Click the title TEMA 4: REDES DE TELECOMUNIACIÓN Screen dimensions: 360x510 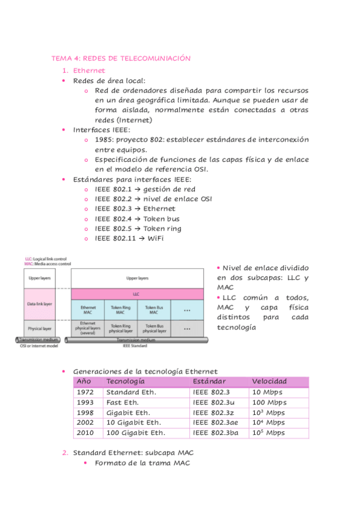[x=121, y=58]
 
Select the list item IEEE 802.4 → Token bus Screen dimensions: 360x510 [x=137, y=219]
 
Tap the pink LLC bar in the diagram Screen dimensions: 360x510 [x=138, y=294]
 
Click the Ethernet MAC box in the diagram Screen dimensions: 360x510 [x=88, y=310]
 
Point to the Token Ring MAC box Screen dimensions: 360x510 [x=121, y=310]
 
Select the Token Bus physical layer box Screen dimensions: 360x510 [x=154, y=328]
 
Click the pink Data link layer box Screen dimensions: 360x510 [x=40, y=304]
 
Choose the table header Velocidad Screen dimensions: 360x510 [x=269, y=382]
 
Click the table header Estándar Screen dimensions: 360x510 [x=210, y=382]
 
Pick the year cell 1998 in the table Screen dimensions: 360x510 [x=85, y=413]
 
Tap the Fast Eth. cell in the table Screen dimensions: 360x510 [x=123, y=402]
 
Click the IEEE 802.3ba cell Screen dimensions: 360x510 [x=216, y=432]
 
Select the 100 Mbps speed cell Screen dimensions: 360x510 [x=269, y=402]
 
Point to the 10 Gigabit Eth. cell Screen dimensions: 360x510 [x=133, y=423]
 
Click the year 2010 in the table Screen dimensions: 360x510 [x=85, y=432]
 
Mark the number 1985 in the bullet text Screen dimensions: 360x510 [x=104, y=140]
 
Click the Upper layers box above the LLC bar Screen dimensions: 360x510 [x=138, y=278]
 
